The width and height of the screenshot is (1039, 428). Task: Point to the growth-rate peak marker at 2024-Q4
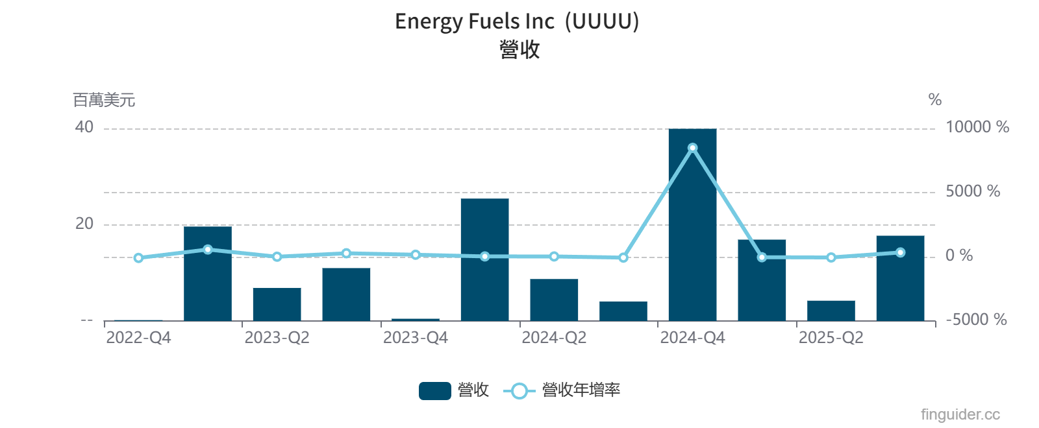pyautogui.click(x=692, y=148)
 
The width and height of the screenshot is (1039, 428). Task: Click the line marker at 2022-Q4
pyautogui.click(x=138, y=258)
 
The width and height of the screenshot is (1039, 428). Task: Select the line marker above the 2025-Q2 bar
pyautogui.click(x=831, y=257)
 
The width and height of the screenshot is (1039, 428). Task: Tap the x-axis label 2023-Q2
pyautogui.click(x=277, y=338)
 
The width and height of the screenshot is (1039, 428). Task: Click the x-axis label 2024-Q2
pyautogui.click(x=554, y=338)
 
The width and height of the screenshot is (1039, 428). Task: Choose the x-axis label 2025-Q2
pyautogui.click(x=831, y=338)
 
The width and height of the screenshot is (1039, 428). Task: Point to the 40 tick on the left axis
pyautogui.click(x=84, y=127)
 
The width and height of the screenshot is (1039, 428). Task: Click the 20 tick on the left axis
pyautogui.click(x=84, y=224)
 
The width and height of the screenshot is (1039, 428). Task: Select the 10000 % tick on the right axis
pyautogui.click(x=977, y=127)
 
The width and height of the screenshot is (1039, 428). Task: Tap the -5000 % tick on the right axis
pyautogui.click(x=975, y=320)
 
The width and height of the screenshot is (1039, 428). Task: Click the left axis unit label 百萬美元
pyautogui.click(x=104, y=100)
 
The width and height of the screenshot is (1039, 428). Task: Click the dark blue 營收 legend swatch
pyautogui.click(x=434, y=390)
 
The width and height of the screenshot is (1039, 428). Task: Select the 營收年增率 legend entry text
pyautogui.click(x=581, y=390)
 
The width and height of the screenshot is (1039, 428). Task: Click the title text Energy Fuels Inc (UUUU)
pyautogui.click(x=517, y=21)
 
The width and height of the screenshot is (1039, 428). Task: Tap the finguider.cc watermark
pyautogui.click(x=960, y=414)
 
